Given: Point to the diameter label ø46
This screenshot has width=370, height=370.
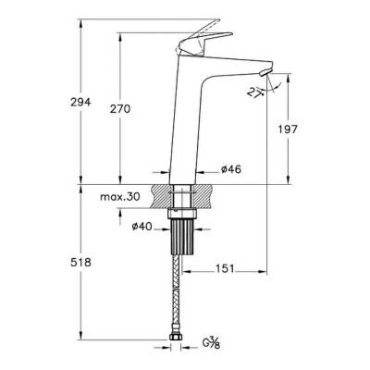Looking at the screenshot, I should pyautogui.click(x=232, y=170).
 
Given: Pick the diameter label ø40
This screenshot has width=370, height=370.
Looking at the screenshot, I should pyautogui.click(x=142, y=227).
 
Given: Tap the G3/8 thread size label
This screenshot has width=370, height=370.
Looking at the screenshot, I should pyautogui.click(x=212, y=349).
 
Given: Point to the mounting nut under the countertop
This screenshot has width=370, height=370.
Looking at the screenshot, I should pyautogui.click(x=181, y=214).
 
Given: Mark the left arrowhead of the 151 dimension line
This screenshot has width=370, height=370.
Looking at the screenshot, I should pyautogui.click(x=185, y=271).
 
